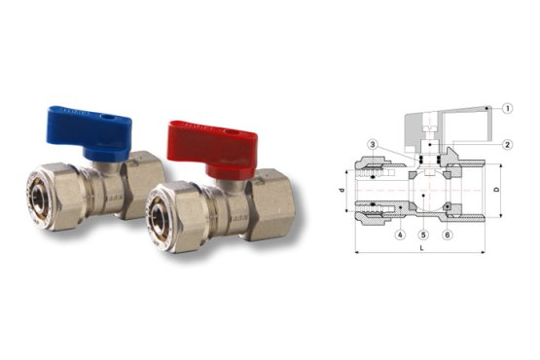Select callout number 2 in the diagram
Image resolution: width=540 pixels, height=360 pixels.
[x=508, y=144]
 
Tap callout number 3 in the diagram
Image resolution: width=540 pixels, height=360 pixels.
[x=373, y=144]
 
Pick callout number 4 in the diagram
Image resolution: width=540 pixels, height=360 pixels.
[x=400, y=234]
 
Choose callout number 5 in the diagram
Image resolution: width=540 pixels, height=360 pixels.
[x=423, y=234]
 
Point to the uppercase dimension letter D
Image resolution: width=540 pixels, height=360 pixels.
[x=499, y=188]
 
